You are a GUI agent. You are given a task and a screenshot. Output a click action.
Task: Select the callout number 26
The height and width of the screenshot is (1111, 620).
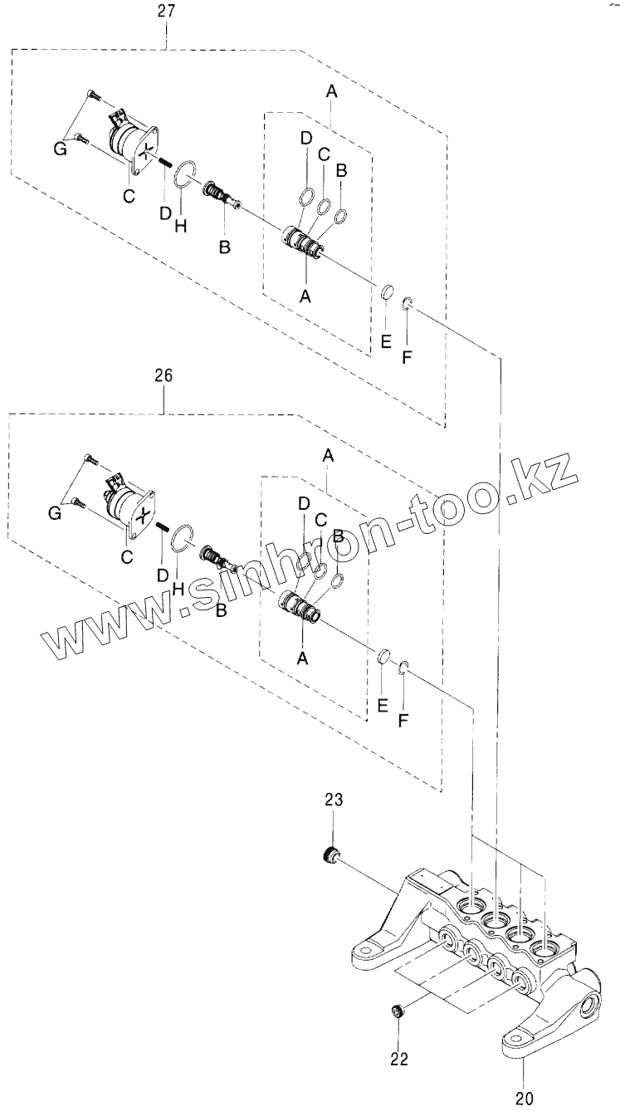coord(163,375)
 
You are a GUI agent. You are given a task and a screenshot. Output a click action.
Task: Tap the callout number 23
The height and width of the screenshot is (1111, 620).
coord(334,800)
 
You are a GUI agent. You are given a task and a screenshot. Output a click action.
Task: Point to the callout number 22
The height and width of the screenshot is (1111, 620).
coord(399,1059)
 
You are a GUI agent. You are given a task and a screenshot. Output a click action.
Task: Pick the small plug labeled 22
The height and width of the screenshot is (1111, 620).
coord(398,1011)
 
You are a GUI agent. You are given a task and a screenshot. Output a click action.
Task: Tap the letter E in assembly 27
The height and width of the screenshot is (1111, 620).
coord(384,340)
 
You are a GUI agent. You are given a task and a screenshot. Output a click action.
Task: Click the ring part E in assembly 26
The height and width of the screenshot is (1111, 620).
coord(384,658)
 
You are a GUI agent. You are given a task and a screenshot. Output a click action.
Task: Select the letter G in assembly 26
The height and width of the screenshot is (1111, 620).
coord(55,513)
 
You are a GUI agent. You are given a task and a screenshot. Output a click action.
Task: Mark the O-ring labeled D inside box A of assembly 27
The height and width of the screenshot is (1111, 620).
coord(305,198)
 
